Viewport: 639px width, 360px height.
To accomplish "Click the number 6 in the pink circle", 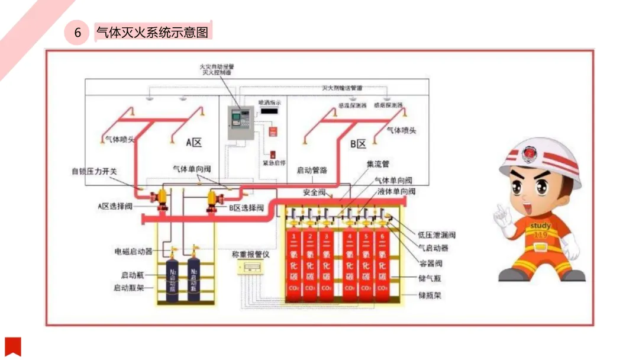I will [x=78, y=33].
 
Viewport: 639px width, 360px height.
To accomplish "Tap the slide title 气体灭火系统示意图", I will [x=153, y=32].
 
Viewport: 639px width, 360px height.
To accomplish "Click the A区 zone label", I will [x=194, y=143].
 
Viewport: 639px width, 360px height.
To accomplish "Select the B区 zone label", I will [x=358, y=143].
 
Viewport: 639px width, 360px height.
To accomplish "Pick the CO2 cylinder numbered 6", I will [x=382, y=267].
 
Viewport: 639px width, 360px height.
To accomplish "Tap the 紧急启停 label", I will [x=274, y=162].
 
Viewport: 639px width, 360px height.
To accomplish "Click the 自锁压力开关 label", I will [x=95, y=171].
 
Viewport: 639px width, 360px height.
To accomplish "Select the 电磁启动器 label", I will [x=133, y=251].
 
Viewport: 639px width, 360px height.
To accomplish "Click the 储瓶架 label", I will [x=430, y=294].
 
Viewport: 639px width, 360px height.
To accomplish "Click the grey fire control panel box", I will [x=241, y=124].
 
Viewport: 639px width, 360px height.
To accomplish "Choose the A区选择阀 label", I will [x=115, y=206].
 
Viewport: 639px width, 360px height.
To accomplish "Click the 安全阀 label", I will [x=314, y=192].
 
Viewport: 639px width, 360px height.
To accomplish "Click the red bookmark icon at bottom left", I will [x=13, y=346].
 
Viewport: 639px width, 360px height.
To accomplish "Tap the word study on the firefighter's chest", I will [x=540, y=226].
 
